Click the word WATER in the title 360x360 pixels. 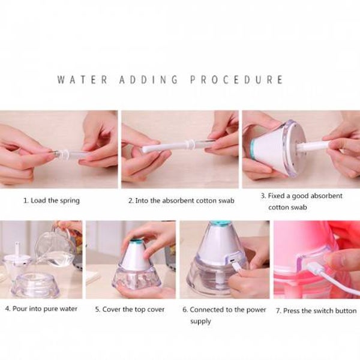point(82,80)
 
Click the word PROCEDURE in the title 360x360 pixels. point(236,80)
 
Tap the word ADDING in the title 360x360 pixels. point(149,80)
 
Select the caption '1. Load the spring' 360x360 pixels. point(52,200)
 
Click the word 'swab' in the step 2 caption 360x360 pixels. point(226,200)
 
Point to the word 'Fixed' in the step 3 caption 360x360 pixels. point(276,196)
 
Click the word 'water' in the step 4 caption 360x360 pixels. point(68,309)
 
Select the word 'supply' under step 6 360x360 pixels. point(200,321)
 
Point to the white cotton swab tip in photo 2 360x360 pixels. point(148,148)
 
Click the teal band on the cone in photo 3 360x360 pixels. point(253,149)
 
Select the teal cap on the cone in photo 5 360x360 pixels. point(137,242)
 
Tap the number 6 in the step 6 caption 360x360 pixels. point(185,310)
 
